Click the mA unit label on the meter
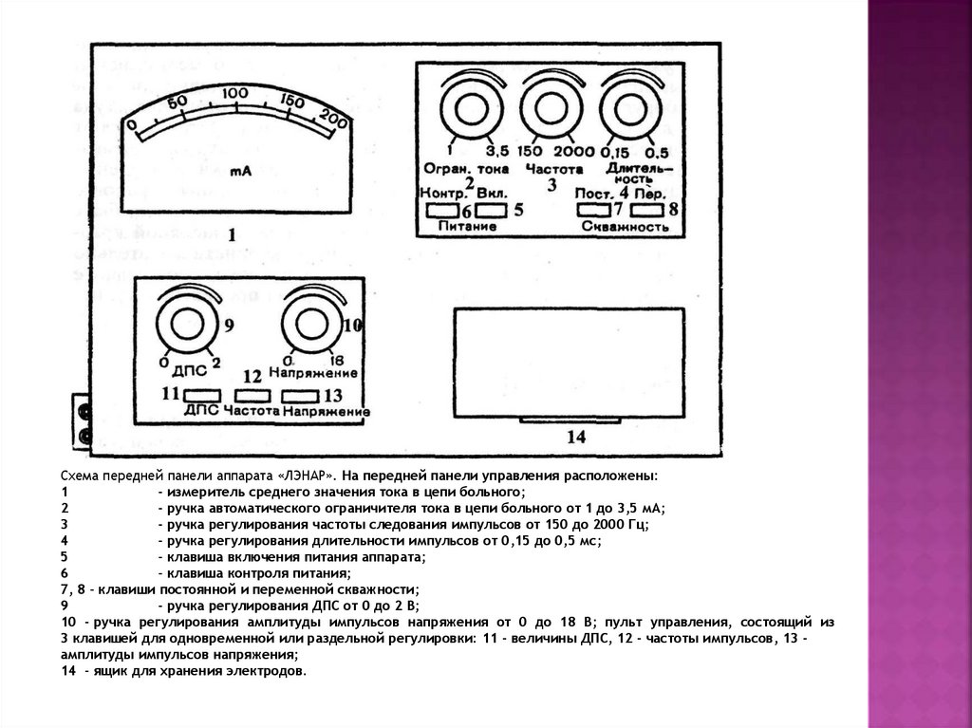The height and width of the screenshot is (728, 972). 240,171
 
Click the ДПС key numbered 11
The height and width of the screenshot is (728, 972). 202,394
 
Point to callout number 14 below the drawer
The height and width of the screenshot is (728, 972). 577,438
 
